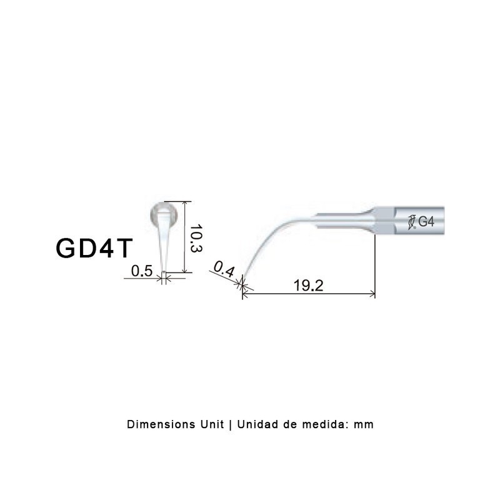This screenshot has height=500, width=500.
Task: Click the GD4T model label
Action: (94, 248)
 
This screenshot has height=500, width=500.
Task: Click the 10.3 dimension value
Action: (196, 238)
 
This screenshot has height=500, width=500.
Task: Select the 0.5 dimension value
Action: (142, 271)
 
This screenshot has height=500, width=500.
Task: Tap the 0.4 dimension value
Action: (224, 269)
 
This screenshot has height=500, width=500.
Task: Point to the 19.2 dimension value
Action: (308, 285)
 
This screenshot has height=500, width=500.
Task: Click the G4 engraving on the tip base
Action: (426, 221)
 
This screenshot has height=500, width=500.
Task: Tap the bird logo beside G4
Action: (412, 222)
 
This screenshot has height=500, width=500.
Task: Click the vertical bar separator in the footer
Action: (231, 424)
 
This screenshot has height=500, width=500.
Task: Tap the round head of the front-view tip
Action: (164, 214)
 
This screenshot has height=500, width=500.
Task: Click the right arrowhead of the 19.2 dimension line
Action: (372, 294)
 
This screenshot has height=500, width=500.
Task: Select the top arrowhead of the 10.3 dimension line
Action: (184, 204)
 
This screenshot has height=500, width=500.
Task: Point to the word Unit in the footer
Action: (212, 424)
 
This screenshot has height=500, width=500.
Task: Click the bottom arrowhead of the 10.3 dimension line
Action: (184, 270)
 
